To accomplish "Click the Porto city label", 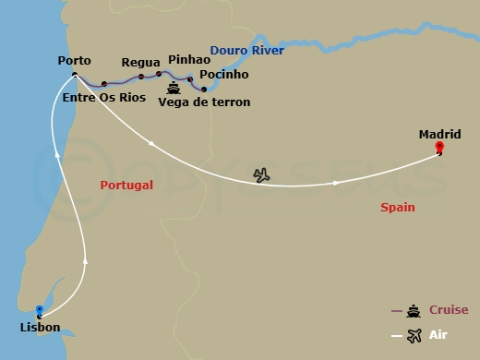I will point(74,60).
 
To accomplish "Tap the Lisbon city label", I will point(40,328).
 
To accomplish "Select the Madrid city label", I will point(439,134).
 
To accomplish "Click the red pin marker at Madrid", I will point(439,148).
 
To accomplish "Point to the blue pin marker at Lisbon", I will point(39,311).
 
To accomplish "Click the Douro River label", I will point(246,51).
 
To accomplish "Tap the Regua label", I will point(141,63).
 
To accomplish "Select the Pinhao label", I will point(190,60).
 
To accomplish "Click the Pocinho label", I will point(223,75).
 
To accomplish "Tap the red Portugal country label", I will point(126,186).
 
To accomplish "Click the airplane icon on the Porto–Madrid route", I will point(262,174).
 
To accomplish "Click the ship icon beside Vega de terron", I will point(174,90).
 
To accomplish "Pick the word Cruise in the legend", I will point(448,310).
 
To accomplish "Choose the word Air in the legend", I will point(439,334).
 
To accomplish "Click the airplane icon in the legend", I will point(413,334).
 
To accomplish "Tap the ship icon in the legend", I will point(413,310).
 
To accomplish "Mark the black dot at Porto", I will point(75,74).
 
